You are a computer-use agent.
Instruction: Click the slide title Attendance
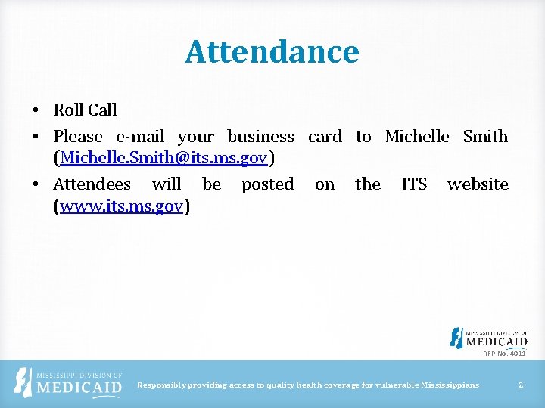pos(272,52)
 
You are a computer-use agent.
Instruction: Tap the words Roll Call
pos(85,110)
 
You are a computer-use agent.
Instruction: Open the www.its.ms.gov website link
pos(122,206)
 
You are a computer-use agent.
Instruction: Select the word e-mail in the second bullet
pos(140,137)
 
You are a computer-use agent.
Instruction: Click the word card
pos(325,137)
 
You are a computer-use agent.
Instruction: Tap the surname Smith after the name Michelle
pos(485,137)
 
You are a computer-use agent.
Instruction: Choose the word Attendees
pos(92,184)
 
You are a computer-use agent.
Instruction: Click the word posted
pos(267,184)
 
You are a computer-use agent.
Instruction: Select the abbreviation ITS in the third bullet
pos(414,184)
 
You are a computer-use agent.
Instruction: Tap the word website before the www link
pos(478,184)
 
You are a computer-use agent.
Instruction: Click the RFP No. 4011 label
pos(504,353)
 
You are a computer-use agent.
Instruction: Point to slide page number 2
pos(521,385)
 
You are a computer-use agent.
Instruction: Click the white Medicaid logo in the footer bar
pos(69,384)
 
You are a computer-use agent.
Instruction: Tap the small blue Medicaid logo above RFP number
pos(488,338)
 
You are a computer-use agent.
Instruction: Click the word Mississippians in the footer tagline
pos(450,385)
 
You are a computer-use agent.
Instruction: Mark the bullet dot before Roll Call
pos(36,110)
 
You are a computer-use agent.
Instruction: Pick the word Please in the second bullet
pos(78,137)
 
